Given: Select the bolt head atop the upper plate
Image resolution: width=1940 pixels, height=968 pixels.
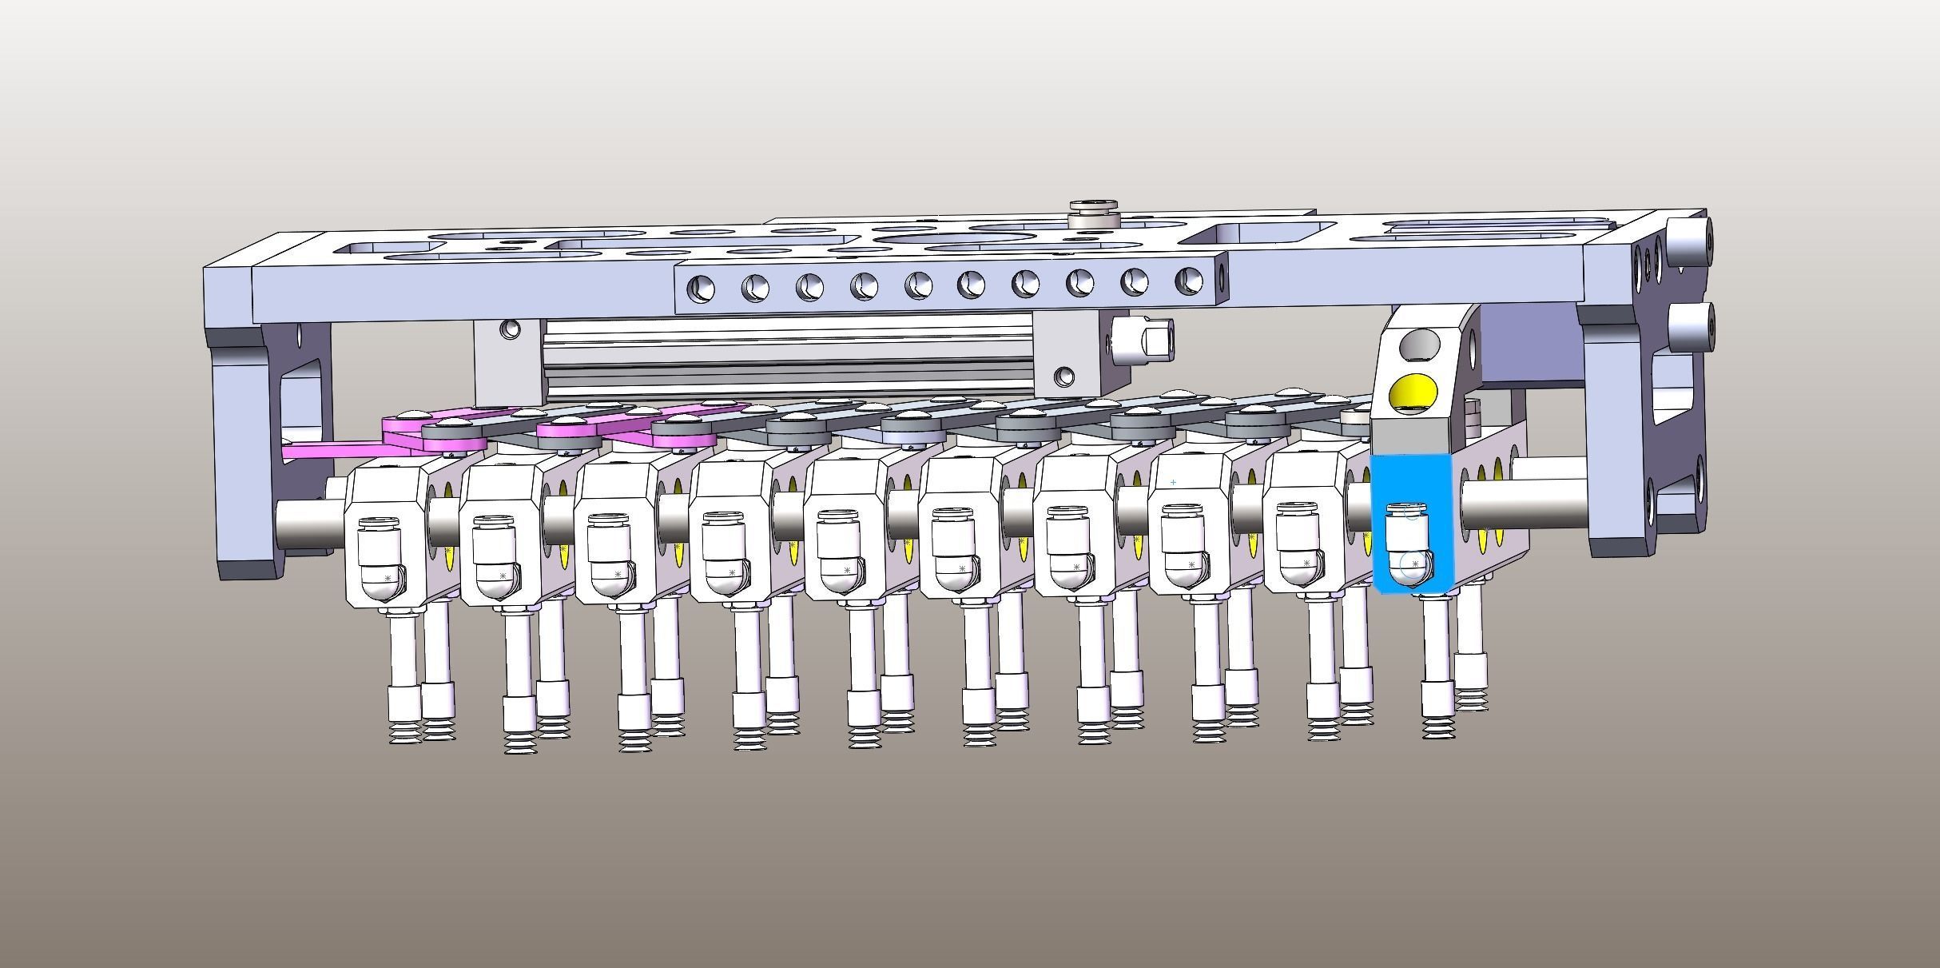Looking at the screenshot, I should pyautogui.click(x=1094, y=210).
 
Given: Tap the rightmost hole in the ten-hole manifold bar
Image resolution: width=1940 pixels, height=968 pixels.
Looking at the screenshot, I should pyautogui.click(x=1188, y=281).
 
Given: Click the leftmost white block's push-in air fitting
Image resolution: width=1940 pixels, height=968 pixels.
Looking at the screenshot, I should pyautogui.click(x=379, y=548).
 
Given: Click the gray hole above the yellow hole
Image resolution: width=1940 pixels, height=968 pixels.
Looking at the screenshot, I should pyautogui.click(x=1419, y=345).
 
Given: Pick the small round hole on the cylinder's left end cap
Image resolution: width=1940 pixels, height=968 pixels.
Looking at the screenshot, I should pyautogui.click(x=509, y=328).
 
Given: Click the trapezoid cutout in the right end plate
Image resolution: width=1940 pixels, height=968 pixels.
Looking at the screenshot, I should pyautogui.click(x=1674, y=392).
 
